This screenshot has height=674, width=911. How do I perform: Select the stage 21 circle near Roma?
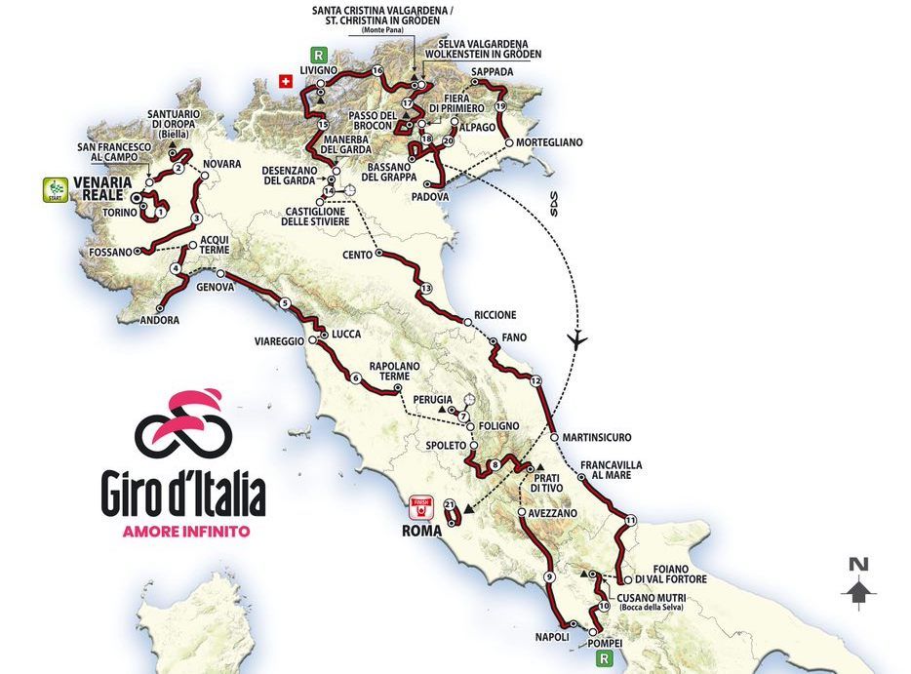[x=450, y=505]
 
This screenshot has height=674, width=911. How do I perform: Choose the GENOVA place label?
[x=215, y=288]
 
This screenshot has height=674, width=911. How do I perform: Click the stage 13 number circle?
[x=425, y=289]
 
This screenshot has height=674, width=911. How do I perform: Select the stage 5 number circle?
[x=285, y=303]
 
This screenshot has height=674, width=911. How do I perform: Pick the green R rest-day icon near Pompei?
[x=607, y=658]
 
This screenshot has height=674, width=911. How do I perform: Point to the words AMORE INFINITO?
[x=185, y=532]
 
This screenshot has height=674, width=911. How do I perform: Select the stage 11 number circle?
[x=631, y=520]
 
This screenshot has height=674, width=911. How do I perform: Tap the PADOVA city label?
[x=430, y=196]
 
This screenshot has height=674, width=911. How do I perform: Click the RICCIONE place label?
[x=495, y=315]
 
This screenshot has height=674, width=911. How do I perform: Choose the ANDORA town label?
[x=159, y=320]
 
